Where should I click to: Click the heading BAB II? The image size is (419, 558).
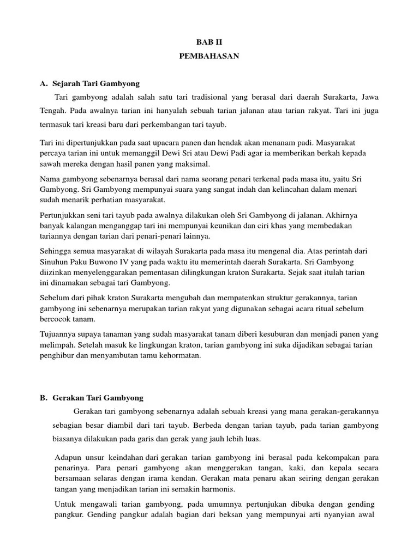tap(209, 41)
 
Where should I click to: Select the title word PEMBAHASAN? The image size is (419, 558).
tap(209, 56)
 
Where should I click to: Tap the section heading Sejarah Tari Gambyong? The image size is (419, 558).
tap(96, 83)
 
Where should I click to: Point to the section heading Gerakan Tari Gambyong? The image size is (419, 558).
tap(98, 398)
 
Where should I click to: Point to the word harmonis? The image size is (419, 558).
tap(218, 488)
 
